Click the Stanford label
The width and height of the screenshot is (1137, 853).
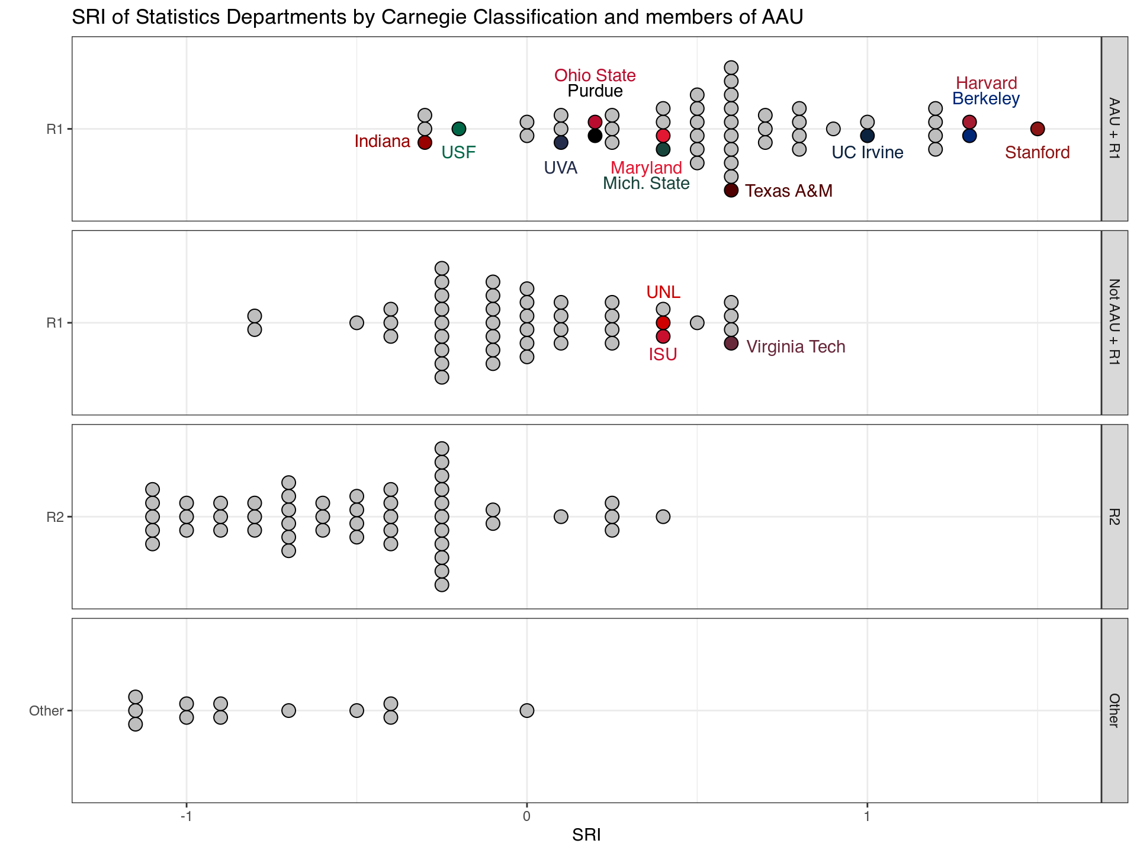click(1037, 153)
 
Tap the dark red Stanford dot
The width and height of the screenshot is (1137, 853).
click(1037, 129)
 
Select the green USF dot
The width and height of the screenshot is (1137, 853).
click(459, 129)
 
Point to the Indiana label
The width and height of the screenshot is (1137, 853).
click(382, 142)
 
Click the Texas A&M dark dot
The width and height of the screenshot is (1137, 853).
click(731, 190)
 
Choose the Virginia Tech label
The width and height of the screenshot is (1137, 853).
click(795, 347)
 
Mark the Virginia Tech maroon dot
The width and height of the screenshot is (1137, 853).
click(731, 343)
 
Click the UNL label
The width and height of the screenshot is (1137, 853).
click(663, 292)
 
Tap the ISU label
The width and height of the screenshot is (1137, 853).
click(663, 354)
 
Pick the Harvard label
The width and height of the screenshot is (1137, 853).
click(987, 84)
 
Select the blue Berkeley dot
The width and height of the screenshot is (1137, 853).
click(969, 136)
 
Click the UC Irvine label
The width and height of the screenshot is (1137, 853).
click(868, 153)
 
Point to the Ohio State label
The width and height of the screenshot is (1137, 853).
click(595, 76)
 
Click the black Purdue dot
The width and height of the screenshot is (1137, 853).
click(595, 136)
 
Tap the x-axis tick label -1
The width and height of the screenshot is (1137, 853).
click(186, 817)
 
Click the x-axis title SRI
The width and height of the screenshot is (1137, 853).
click(586, 835)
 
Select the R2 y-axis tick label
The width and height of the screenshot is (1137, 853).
click(55, 517)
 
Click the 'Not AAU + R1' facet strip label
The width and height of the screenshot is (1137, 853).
click(1114, 322)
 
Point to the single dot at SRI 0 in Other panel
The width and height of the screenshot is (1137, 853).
click(527, 710)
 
